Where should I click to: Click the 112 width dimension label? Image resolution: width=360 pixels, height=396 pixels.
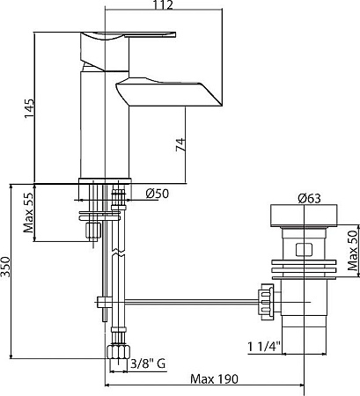click(x=163, y=5)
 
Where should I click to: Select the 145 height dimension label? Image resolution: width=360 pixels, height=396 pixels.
click(x=29, y=109)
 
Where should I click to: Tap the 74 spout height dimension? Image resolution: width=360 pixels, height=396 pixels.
click(x=180, y=144)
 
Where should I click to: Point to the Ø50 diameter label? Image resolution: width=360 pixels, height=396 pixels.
click(x=157, y=194)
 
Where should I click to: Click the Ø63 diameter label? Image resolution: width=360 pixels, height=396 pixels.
click(x=309, y=199)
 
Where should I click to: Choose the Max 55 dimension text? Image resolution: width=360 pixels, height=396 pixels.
click(x=28, y=213)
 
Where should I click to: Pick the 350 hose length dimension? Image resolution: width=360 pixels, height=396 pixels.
click(x=5, y=267)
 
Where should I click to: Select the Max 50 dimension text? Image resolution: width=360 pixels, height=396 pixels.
click(x=352, y=250)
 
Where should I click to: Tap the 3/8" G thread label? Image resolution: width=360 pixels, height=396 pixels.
click(x=148, y=364)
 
